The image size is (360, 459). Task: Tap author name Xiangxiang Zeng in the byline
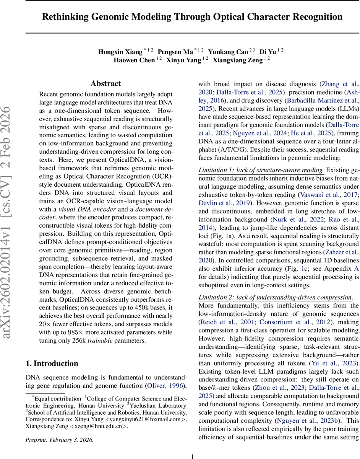pyautogui.click(x=237, y=60)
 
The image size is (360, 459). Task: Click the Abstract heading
pyautogui.click(x=106, y=84)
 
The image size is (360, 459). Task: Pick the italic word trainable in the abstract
pyautogui.click(x=100, y=340)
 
